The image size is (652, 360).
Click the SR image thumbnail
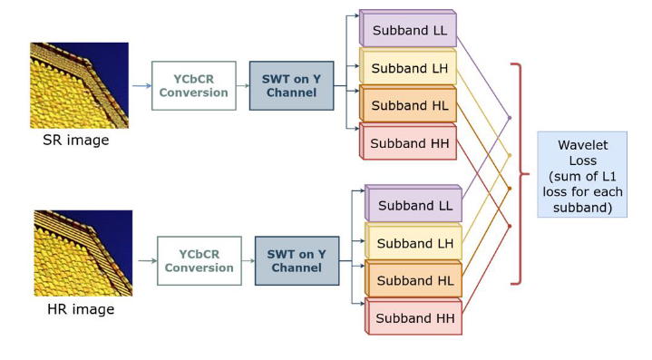point(80,85)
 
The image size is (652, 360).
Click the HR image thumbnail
point(83,253)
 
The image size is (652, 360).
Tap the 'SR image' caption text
point(76,140)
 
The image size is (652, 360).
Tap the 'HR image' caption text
point(81,309)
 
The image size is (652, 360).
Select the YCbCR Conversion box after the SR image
point(194,85)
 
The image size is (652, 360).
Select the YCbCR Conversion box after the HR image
point(199,260)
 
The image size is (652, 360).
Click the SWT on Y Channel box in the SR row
point(291,85)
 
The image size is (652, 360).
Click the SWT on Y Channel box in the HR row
point(297,260)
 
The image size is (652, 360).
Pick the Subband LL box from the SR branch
point(408,28)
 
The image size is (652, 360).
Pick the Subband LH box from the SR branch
point(408,66)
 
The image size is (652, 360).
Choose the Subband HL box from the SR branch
point(408,103)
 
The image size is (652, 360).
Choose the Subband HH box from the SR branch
point(408,141)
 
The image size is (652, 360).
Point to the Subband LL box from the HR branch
point(414,203)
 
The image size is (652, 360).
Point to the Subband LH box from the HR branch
point(414,241)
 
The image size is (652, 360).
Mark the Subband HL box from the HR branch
point(414,278)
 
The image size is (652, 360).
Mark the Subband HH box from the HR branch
point(414,316)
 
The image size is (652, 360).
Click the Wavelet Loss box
point(582,175)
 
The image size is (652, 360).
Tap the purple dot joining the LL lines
point(510,118)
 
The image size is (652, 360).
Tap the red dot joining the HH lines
point(510,227)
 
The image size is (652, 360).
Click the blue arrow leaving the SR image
point(141,86)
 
